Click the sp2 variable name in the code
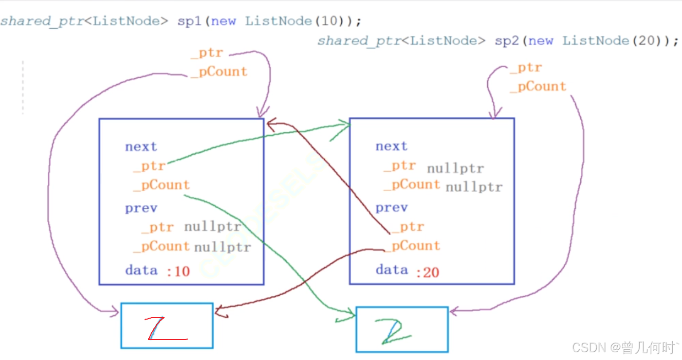coord(506,41)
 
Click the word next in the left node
coord(141,147)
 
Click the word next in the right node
coord(391,146)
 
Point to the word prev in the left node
coord(141,208)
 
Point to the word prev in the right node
coord(391,208)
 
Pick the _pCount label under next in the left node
coord(161,185)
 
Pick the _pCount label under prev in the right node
coord(412,246)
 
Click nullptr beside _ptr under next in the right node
coord(455,169)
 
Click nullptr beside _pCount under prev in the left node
coord(222,248)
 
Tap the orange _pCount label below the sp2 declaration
coord(538,87)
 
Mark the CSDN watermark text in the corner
coord(625,347)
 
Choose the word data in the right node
coord(391,270)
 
